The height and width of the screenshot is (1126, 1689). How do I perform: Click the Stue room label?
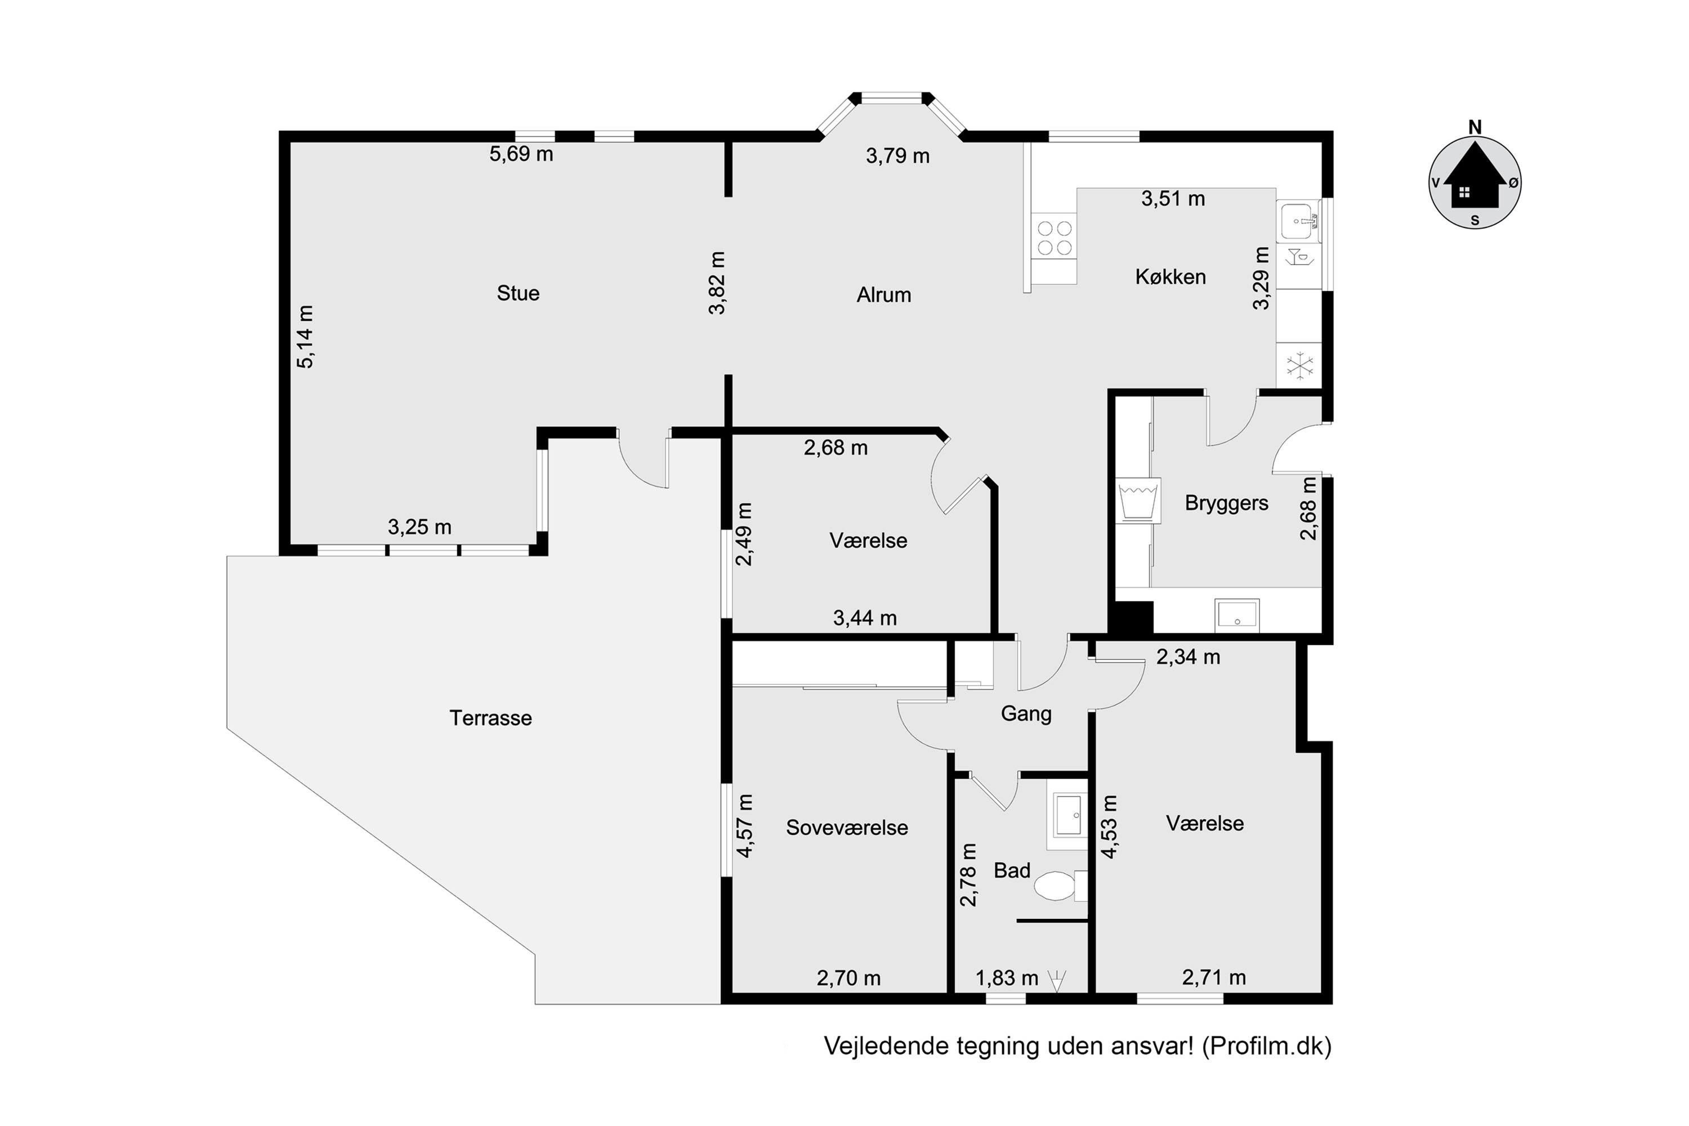[518, 293]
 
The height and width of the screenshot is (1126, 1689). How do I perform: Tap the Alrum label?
[883, 294]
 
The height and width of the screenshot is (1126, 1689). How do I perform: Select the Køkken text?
[1170, 276]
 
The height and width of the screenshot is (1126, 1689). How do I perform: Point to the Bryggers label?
[1227, 503]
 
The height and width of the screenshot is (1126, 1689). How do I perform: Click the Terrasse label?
[490, 718]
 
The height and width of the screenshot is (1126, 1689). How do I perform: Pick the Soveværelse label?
[847, 827]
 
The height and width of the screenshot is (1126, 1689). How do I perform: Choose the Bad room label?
[1012, 870]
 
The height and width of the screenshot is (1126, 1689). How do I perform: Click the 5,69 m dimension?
[521, 154]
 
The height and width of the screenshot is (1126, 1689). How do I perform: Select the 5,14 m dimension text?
[305, 337]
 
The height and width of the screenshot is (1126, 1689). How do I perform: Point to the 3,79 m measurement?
[897, 156]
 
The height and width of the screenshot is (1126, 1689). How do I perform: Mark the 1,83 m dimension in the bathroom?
[1007, 978]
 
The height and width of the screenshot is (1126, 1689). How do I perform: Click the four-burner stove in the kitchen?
[1054, 238]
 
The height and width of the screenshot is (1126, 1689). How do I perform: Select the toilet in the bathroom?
[1061, 886]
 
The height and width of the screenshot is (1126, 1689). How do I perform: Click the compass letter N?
[1475, 128]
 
